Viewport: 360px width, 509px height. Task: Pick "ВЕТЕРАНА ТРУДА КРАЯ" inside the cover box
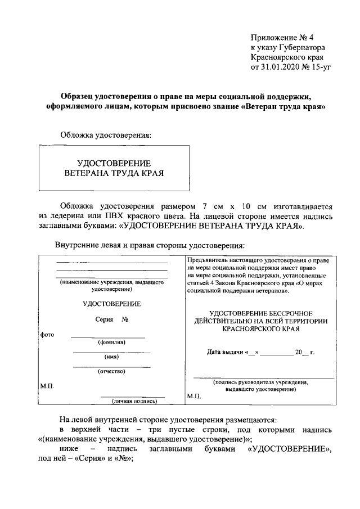tap(114, 173)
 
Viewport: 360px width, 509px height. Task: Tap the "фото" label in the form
tap(47, 335)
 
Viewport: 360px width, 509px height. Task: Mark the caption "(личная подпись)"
tap(133, 401)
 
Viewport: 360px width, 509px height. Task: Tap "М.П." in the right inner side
tap(194, 396)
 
